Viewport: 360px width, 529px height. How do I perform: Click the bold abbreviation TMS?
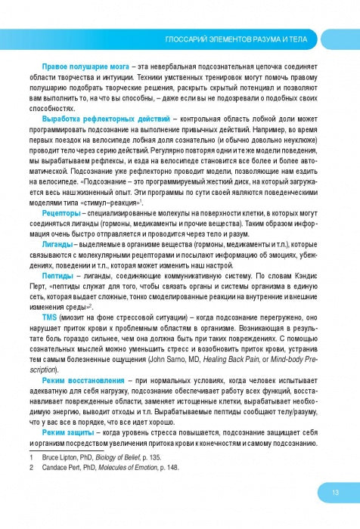(49, 318)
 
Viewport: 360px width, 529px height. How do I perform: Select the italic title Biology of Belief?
(135, 457)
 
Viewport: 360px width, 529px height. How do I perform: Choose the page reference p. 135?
(169, 457)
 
